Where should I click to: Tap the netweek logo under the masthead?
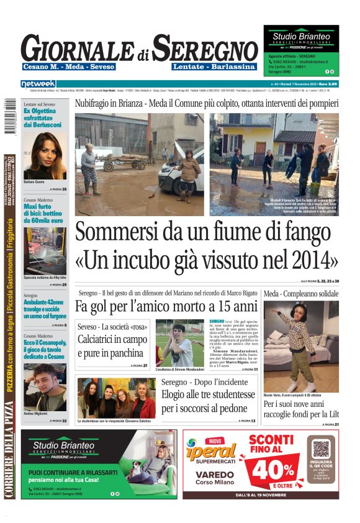[38, 83]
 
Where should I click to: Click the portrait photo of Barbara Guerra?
[45, 155]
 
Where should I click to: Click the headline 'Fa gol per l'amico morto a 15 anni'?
[166, 306]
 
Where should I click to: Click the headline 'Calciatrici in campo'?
[112, 340]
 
